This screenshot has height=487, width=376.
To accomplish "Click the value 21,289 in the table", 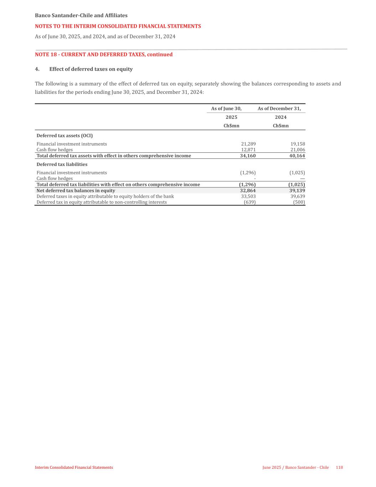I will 248,144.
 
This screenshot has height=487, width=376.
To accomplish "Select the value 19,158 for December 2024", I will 298,144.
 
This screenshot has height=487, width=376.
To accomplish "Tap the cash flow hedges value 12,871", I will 248,150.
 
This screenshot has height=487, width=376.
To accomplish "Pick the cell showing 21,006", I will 298,150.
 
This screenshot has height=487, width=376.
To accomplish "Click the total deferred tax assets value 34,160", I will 248,156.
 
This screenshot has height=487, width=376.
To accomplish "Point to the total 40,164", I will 297,156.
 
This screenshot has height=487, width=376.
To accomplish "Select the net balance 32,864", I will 248,191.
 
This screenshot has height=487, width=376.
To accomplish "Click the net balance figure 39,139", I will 297,191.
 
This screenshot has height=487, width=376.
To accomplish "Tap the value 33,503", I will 248,196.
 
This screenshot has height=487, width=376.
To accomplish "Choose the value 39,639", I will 298,196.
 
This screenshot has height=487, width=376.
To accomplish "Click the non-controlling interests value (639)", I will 249,202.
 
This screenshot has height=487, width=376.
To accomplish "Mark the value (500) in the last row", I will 299,202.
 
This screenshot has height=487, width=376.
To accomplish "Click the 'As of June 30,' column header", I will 226,108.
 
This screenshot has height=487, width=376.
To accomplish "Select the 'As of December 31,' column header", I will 279,108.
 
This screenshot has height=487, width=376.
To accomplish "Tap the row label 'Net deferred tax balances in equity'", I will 76,191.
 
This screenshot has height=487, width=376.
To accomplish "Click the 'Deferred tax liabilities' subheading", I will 62,164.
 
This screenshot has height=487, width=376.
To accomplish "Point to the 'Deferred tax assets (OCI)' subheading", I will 65,136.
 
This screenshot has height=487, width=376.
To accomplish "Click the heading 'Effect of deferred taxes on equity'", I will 91,69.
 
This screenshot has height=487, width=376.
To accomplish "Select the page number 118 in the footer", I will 339,467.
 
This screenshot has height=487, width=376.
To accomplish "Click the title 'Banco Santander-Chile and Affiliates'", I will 81,16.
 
